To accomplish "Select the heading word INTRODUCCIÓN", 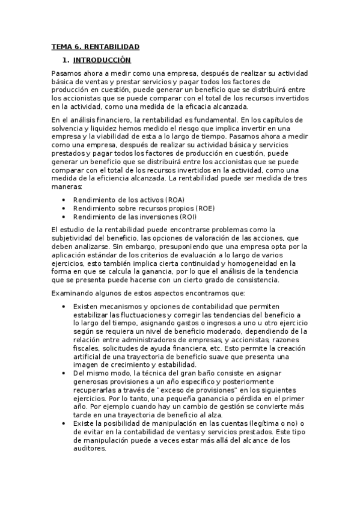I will pyautogui.click(x=102, y=60).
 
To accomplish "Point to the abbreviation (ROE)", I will pyautogui.click(x=201, y=208).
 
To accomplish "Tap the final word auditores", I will pyautogui.click(x=90, y=448).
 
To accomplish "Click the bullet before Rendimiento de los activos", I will pyautogui.click(x=64, y=200).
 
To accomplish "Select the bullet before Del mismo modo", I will pyautogui.click(x=64, y=373).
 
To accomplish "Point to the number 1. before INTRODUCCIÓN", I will pyautogui.click(x=66, y=60).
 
